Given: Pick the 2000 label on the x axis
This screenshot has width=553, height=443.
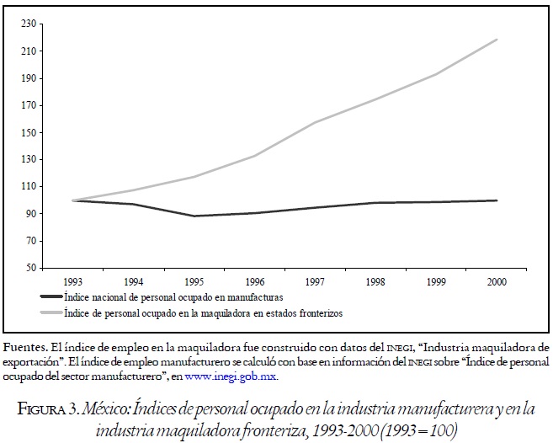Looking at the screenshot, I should point(497,281).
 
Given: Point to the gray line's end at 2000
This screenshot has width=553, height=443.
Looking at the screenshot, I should point(497,40).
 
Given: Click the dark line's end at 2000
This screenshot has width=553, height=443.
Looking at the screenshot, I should point(497,200).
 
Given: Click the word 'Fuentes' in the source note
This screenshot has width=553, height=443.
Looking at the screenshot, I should point(23,347).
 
